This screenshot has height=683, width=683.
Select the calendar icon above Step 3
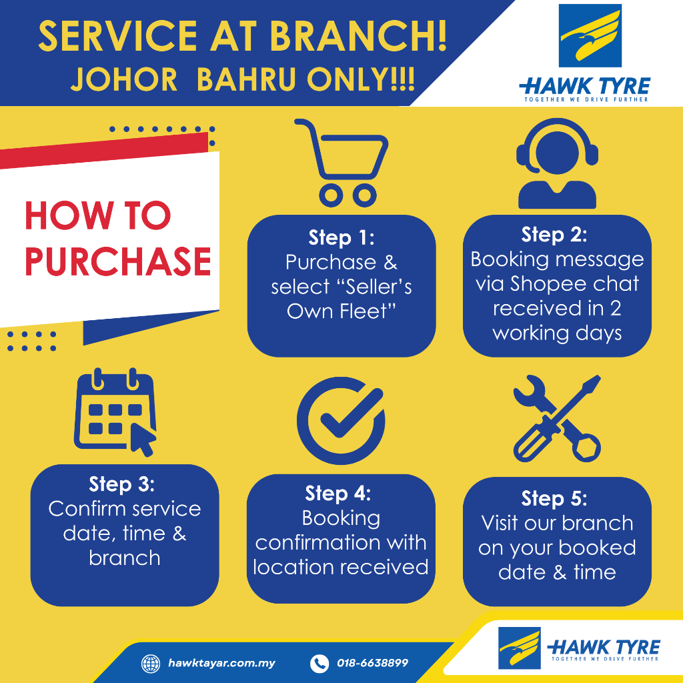click(115, 412)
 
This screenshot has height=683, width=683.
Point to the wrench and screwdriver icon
click(557, 419)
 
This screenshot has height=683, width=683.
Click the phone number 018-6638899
click(372, 663)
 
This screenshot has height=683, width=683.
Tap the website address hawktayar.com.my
click(221, 664)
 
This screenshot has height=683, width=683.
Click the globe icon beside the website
click(151, 664)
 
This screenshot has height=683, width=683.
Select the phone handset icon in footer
click(319, 664)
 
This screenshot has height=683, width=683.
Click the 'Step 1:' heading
click(341, 237)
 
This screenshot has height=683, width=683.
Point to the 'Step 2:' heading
click(554, 234)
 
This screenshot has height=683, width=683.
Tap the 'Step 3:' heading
click(122, 484)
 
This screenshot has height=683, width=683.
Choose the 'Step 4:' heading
click(338, 493)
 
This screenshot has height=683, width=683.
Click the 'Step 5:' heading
click(554, 498)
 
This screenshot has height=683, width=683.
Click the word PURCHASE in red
click(118, 261)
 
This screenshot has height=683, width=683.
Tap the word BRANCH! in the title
click(358, 36)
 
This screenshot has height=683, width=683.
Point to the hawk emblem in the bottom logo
click(519, 648)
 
